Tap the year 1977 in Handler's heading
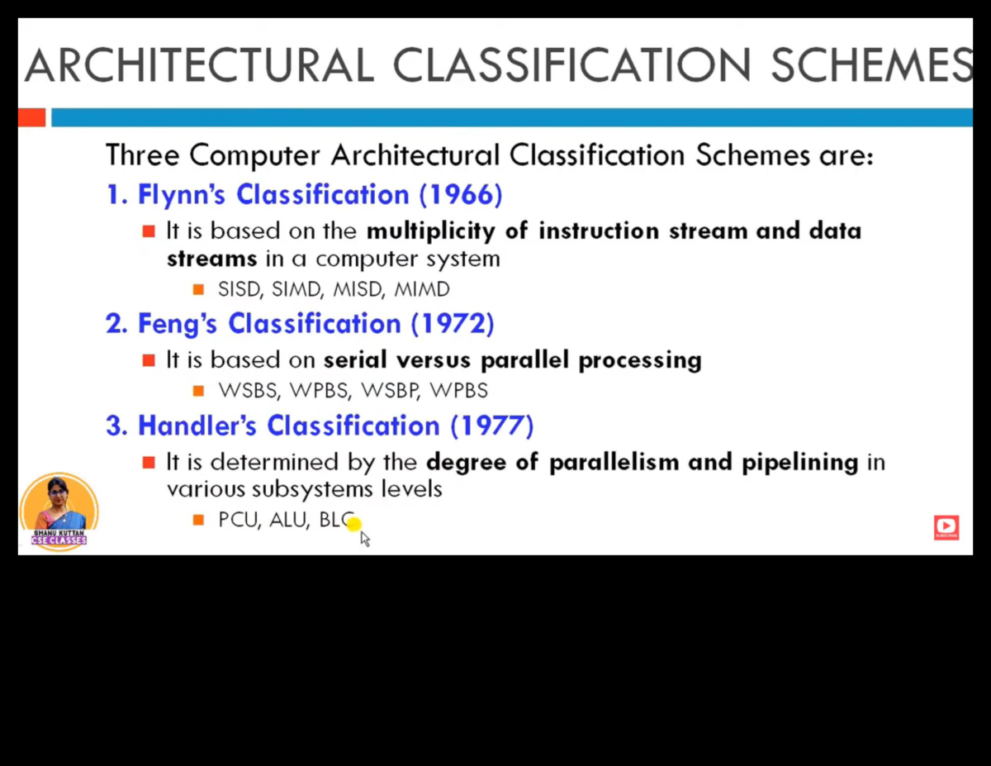pos(492,426)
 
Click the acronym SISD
pos(239,290)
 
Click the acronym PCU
pos(239,521)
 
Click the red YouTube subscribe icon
pos(946,526)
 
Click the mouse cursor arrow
pos(364,539)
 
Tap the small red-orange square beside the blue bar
pos(31,117)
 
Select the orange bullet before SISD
pos(198,290)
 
